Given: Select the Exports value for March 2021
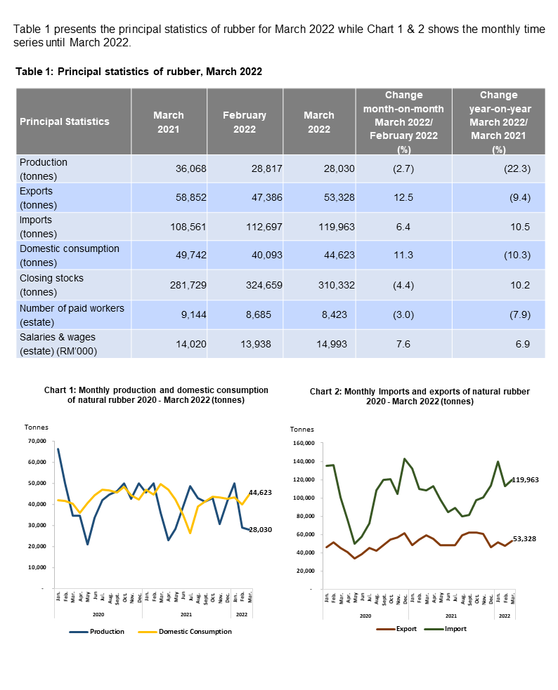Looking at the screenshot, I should (x=185, y=198).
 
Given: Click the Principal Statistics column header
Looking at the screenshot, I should (x=65, y=121).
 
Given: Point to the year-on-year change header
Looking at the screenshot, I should (x=498, y=121).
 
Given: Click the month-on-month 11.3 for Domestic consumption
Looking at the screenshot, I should (x=404, y=256).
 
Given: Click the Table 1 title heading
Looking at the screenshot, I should (x=138, y=72).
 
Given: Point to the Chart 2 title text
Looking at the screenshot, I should (x=420, y=396).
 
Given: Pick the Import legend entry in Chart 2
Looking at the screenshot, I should (x=449, y=629).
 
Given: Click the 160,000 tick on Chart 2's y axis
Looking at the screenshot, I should (x=302, y=444).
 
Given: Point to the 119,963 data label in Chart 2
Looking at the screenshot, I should (x=528, y=479).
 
